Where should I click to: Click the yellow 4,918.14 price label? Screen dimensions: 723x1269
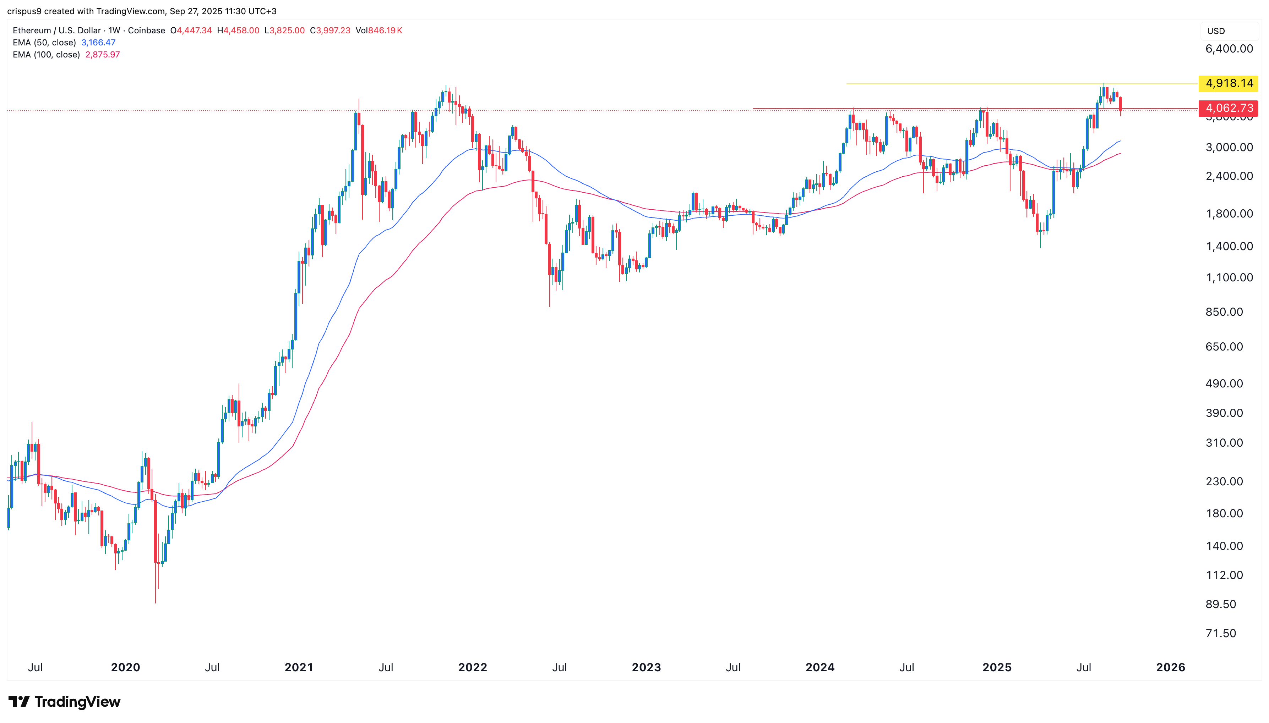(1229, 83)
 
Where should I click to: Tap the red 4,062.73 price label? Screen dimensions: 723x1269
(1229, 108)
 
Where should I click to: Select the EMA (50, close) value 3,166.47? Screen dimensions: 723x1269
(98, 43)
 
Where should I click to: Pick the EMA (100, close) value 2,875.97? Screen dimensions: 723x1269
(102, 55)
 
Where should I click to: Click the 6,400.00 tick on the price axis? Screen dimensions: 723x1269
(1229, 49)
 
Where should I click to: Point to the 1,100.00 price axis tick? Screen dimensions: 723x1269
(1229, 277)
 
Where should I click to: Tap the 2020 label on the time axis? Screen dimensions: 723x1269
(125, 667)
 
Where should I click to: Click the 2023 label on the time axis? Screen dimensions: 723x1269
(646, 667)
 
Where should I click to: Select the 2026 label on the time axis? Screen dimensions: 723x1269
(1171, 667)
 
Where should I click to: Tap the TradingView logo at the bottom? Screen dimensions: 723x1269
(65, 702)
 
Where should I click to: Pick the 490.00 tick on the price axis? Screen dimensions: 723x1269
(1224, 383)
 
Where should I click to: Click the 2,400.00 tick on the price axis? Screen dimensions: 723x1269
(1229, 176)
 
